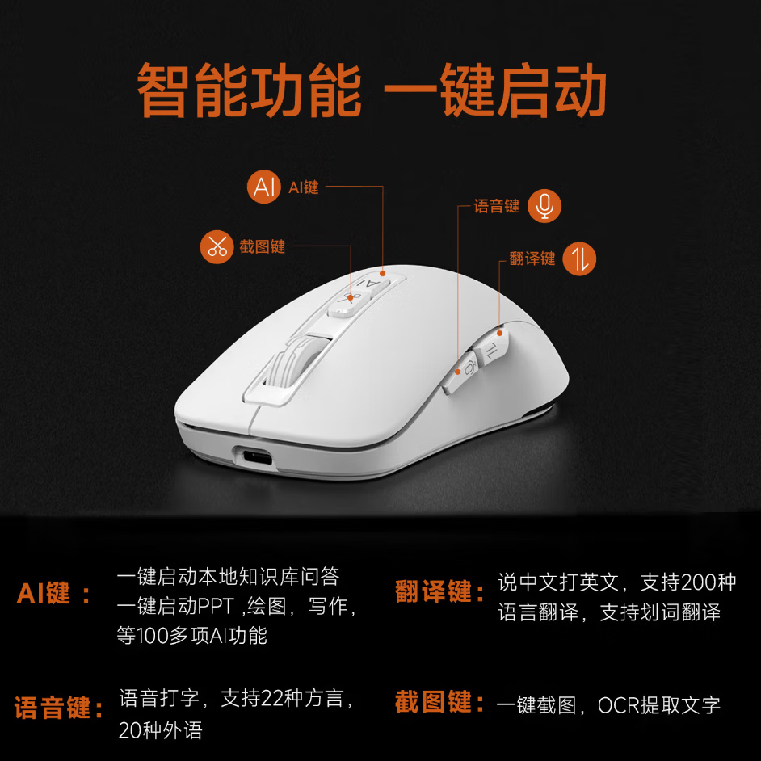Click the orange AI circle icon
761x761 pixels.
pos(264,187)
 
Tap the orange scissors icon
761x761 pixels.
pos(217,246)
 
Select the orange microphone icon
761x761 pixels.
pos(544,206)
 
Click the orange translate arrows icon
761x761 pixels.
pos(579,259)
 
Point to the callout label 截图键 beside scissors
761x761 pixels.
pos(263,246)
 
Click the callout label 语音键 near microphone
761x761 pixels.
pos(496,206)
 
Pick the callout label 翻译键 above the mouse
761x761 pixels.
pos(532,259)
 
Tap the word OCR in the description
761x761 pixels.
pos(618,704)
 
